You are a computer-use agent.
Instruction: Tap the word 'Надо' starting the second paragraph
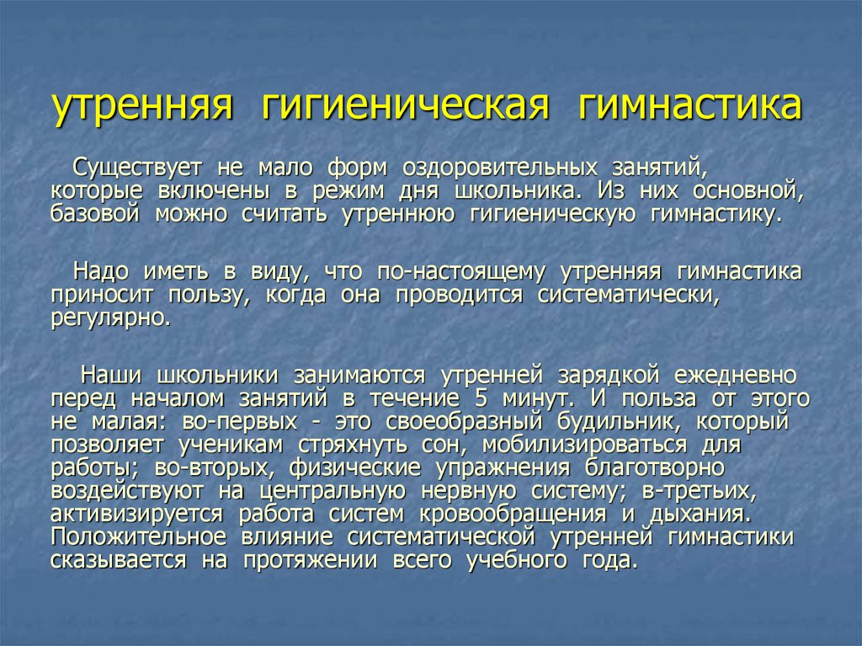100,271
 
